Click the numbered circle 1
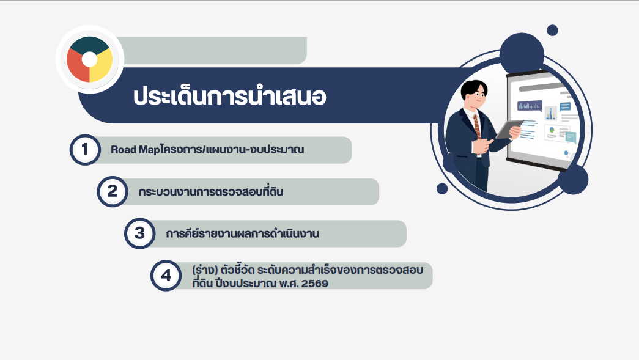click(x=85, y=150)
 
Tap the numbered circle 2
click(x=112, y=191)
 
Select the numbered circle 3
click(x=140, y=233)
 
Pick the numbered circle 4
click(x=166, y=275)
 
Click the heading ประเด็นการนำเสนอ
click(x=230, y=96)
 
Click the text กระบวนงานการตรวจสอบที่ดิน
click(x=211, y=191)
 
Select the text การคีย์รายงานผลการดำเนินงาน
click(x=243, y=233)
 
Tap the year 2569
click(x=315, y=284)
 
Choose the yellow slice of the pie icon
click(x=101, y=65)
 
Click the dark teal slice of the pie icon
click(x=89, y=44)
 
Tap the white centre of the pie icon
click(x=90, y=59)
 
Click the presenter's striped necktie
click(x=476, y=127)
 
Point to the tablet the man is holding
click(x=509, y=129)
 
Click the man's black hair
click(x=473, y=87)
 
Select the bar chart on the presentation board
click(x=530, y=106)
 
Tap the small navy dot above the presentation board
click(x=552, y=30)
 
